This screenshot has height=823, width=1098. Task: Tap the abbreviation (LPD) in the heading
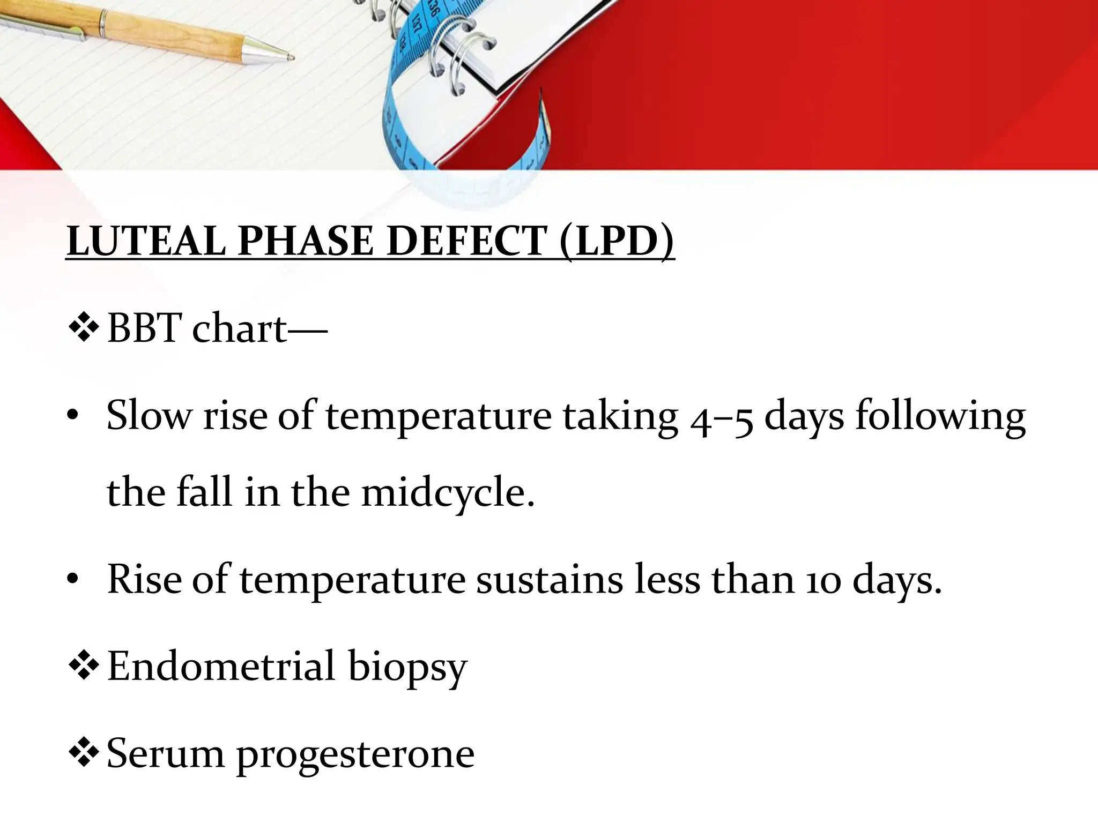click(616, 241)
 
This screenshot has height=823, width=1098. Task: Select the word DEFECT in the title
click(466, 241)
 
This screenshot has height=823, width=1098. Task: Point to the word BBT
click(144, 328)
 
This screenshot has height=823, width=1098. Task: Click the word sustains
click(550, 580)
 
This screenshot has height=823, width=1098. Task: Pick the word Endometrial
click(221, 666)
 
